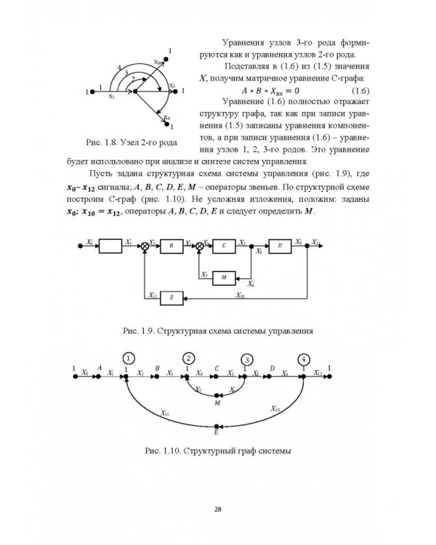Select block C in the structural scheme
(224, 246)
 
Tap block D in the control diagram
(279, 246)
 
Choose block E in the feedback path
(172, 297)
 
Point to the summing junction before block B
(146, 246)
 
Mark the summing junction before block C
(199, 246)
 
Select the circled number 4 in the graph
(304, 358)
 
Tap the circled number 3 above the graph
(247, 359)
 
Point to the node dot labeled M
(217, 395)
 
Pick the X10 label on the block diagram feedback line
(240, 295)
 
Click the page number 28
(217, 509)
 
